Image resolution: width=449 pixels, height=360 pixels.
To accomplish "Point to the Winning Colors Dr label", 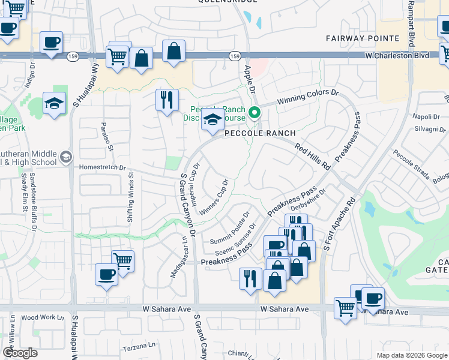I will (x=309, y=98).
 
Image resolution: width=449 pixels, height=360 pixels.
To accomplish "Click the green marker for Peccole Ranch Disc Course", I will (x=255, y=112).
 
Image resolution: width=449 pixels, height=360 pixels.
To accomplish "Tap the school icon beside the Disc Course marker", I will (x=212, y=119).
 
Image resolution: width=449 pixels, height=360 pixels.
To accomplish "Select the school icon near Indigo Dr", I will (x=55, y=103).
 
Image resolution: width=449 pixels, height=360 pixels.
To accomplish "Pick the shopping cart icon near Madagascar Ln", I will (x=122, y=262).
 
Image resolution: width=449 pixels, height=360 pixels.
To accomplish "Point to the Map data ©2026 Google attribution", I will (x=411, y=355).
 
